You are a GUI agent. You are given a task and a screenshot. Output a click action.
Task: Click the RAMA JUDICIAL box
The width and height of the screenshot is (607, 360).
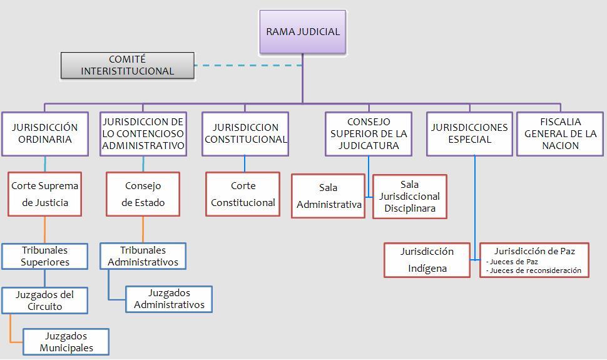303,32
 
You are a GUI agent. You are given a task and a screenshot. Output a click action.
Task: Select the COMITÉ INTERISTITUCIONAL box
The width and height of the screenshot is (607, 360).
128,66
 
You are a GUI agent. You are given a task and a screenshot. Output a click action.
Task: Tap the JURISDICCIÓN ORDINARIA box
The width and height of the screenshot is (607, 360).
45,133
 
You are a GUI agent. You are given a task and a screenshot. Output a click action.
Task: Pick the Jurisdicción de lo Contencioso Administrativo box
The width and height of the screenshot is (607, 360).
143,133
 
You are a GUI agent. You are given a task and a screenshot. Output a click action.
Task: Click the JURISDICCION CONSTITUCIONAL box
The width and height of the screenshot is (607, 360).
245,133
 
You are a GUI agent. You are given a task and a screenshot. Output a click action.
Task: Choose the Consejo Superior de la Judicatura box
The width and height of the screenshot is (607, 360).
369,133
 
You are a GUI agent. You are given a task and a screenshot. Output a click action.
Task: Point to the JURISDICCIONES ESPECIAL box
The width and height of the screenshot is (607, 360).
469,133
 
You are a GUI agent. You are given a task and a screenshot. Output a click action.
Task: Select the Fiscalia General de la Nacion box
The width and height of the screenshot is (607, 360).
560,133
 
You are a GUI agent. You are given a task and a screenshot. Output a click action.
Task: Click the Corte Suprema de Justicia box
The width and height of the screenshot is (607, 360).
45,194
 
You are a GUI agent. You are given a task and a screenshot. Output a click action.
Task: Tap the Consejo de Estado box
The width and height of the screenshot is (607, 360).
143,194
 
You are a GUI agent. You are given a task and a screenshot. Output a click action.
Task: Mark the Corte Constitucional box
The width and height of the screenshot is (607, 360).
243,194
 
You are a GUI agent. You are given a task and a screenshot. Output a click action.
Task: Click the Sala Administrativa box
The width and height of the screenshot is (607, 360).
329,196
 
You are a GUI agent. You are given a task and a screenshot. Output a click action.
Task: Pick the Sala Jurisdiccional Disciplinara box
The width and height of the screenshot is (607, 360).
410,196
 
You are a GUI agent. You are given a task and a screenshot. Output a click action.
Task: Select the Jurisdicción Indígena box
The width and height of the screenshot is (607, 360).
427,260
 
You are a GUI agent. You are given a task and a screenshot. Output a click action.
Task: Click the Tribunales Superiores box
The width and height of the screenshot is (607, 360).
45,256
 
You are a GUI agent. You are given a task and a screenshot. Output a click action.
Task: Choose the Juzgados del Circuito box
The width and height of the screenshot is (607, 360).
45,301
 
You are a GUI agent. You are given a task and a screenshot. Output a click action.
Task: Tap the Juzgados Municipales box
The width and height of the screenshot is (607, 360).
66,342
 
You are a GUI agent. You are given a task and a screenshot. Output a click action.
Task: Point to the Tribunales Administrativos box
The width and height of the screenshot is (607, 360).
143,256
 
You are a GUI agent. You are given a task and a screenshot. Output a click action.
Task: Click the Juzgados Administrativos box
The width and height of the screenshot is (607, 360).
169,299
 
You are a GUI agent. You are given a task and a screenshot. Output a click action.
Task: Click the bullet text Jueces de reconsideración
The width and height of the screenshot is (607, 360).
536,270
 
